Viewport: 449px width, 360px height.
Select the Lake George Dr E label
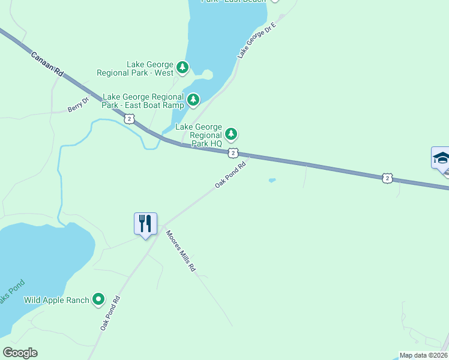coord(256,40)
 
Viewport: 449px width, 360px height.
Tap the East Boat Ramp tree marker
coord(193,100)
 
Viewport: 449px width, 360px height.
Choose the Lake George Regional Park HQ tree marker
coord(231,133)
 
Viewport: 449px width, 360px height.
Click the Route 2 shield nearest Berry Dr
coord(130,119)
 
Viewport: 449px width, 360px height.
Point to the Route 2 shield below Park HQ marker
coord(233,154)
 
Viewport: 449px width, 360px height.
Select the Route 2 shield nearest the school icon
coord(388,178)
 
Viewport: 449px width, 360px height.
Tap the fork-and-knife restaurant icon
coord(145,224)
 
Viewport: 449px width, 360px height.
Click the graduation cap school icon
coord(441,159)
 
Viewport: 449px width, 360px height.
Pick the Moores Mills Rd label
coord(181,251)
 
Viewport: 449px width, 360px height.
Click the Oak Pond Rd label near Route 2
coord(231,175)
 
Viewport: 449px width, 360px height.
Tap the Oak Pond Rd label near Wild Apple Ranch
coord(110,313)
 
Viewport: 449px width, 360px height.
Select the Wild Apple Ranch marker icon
coord(99,299)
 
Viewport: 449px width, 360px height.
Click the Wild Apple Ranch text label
coord(56,300)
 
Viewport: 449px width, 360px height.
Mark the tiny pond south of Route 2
coord(273,179)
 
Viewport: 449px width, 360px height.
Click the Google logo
coord(20,353)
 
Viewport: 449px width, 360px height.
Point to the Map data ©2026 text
coord(423,355)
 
